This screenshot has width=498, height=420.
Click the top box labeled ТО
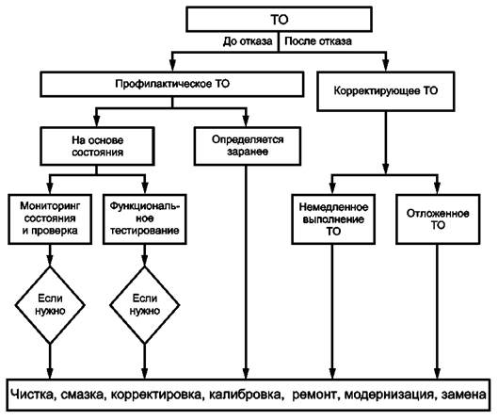coord(279,20)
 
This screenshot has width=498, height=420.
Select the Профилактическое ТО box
coord(172,84)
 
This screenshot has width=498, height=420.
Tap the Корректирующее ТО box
coord(386,91)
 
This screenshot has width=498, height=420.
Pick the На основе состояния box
coord(97,146)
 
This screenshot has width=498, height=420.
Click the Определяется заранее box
coord(248,146)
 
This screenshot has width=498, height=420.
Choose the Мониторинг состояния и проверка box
coord(50,219)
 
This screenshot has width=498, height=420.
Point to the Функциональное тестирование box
coord(145,219)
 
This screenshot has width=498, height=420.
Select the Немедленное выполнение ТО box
coord(333,219)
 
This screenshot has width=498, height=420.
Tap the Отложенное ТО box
coord(438,219)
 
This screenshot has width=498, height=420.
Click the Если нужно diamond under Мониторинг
coord(50,305)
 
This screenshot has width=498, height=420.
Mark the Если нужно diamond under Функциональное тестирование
coord(145,305)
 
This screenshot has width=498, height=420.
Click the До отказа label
coord(248,41)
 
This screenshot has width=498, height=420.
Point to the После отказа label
coord(318,41)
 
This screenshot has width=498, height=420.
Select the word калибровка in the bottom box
coord(245,395)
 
